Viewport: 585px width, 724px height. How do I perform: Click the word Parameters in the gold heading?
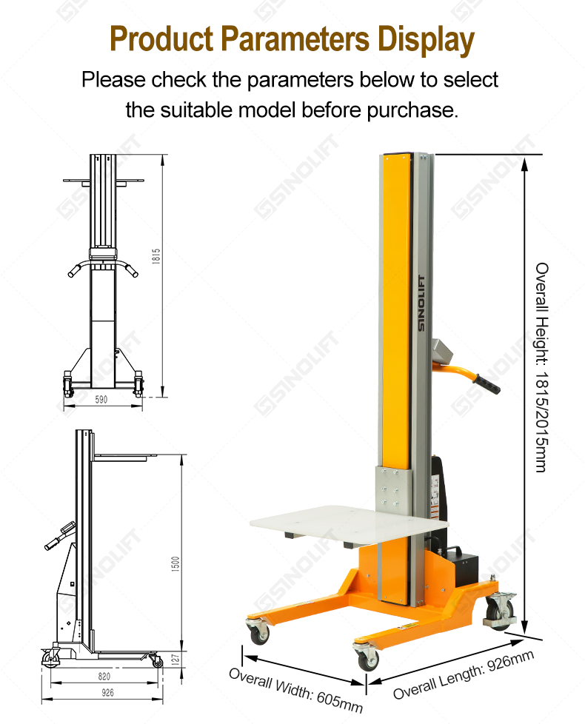(x=295, y=39)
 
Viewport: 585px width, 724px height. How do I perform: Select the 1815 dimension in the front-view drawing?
(x=156, y=256)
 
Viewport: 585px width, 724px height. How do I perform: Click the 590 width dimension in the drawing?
(x=101, y=400)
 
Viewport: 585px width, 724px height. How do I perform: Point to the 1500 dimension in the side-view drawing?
(x=175, y=564)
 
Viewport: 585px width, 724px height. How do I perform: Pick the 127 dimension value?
(x=175, y=659)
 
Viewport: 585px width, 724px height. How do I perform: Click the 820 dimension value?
(x=104, y=676)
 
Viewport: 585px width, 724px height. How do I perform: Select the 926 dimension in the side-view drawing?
(x=107, y=692)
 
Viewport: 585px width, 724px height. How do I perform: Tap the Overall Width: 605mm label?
(x=295, y=690)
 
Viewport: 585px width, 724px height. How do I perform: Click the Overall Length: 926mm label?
(x=464, y=674)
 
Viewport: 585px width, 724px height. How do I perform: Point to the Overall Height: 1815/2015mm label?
(x=542, y=367)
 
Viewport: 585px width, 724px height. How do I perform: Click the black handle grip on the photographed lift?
(x=487, y=384)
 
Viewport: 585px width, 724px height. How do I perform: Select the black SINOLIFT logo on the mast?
(x=421, y=303)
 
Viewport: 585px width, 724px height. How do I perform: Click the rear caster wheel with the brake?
(x=501, y=611)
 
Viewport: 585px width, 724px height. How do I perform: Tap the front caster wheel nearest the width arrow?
(x=368, y=656)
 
